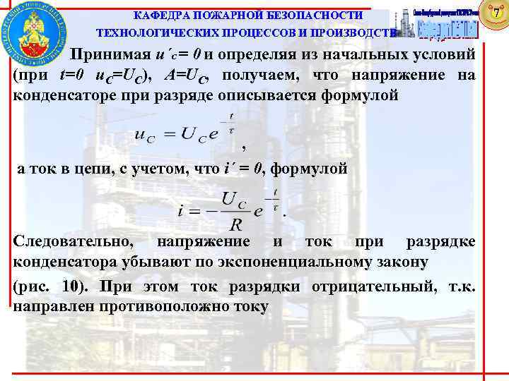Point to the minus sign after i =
[209, 210]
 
